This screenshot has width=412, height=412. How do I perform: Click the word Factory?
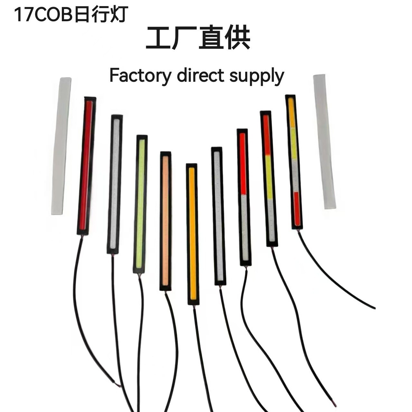point(140,76)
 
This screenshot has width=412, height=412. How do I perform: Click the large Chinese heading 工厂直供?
point(198,39)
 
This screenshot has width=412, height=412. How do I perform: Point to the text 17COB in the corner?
point(43,15)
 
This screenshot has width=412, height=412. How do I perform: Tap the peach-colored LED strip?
point(165,221)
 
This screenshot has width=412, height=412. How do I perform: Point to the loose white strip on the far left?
point(61,146)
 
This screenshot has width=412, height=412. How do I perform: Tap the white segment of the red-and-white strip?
point(245,227)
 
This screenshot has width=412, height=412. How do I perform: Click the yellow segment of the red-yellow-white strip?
point(269,177)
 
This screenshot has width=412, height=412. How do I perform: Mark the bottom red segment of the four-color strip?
point(296,209)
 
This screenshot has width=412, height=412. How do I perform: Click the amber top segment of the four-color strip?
point(291,113)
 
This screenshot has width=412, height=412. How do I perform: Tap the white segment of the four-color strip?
point(295,175)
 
